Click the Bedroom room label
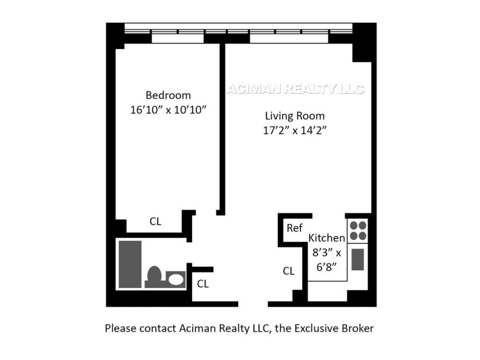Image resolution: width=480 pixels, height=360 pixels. (x=168, y=95)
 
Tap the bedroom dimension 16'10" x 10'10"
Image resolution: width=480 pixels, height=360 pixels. (x=169, y=110)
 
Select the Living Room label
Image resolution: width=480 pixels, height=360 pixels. (x=295, y=116)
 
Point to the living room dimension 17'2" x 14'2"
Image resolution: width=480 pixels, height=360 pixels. (x=295, y=130)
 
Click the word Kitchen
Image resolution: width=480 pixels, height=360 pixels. (x=327, y=238)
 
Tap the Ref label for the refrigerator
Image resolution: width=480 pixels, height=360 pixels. (x=294, y=228)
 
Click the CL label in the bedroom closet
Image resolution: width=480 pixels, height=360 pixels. (x=155, y=221)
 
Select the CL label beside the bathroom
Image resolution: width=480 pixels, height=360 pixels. (x=203, y=284)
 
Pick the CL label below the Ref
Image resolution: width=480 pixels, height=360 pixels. (x=289, y=271)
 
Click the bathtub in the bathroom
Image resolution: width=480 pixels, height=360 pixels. (x=130, y=265)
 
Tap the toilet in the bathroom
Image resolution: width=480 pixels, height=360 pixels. (x=154, y=276)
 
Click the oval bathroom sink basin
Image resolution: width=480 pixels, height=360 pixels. (x=176, y=279)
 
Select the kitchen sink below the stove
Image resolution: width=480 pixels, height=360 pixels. (x=358, y=259)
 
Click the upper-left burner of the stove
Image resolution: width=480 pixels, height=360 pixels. (x=354, y=226)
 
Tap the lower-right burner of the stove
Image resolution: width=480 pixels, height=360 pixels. (x=362, y=235)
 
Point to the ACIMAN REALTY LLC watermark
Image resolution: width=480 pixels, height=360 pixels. (x=295, y=89)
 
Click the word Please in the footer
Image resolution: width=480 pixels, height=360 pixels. (x=121, y=329)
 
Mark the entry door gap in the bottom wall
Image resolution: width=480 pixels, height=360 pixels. (x=253, y=304)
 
